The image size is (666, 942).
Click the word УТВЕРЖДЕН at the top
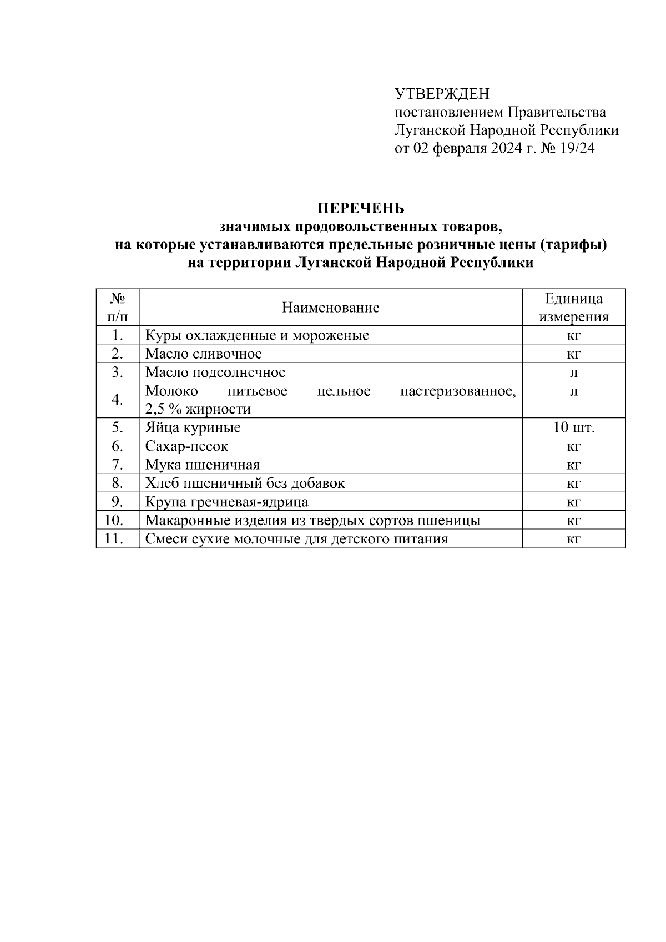(x=442, y=93)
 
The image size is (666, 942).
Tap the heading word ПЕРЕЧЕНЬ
(x=361, y=209)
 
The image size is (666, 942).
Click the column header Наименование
(x=330, y=308)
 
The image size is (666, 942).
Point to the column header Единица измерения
(x=574, y=308)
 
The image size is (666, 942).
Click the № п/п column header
(x=117, y=308)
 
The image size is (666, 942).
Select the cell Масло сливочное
(x=203, y=354)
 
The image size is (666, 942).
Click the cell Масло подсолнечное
(x=215, y=372)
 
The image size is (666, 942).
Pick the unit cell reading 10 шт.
(x=574, y=427)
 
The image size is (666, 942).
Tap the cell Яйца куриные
(x=193, y=427)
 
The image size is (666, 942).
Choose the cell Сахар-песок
(x=186, y=446)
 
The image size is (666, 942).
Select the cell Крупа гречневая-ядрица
(x=226, y=502)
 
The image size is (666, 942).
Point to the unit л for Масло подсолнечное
(x=574, y=372)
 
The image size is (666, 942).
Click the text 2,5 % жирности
(x=198, y=409)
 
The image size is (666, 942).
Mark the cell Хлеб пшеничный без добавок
(x=245, y=483)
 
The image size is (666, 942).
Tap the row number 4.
(x=117, y=400)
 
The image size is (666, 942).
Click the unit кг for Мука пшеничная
(x=574, y=465)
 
